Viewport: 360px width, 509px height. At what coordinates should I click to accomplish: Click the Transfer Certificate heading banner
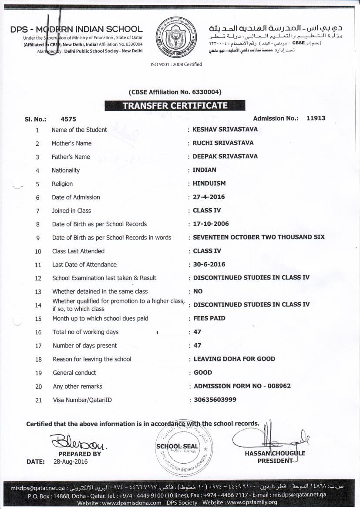pyautogui.click(x=175, y=105)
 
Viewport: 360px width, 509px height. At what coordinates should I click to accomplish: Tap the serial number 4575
pyautogui.click(x=69, y=118)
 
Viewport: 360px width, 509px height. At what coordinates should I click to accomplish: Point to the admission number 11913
pyautogui.click(x=316, y=118)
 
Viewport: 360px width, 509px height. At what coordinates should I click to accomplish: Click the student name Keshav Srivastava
pyautogui.click(x=225, y=129)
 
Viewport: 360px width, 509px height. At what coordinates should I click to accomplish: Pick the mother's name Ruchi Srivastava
pyautogui.click(x=223, y=143)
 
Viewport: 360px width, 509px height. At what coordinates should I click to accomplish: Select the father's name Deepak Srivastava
pyautogui.click(x=225, y=156)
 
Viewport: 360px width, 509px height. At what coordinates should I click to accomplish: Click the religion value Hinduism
pyautogui.click(x=209, y=183)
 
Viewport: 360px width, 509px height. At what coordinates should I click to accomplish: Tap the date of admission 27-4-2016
pyautogui.click(x=209, y=197)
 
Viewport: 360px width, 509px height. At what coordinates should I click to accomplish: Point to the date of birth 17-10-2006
pyautogui.click(x=211, y=224)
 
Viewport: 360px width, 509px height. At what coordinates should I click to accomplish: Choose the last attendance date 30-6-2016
pyautogui.click(x=209, y=264)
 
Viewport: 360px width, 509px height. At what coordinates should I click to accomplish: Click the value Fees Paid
pyautogui.click(x=209, y=318)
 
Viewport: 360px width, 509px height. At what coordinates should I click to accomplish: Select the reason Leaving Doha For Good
pyautogui.click(x=234, y=359)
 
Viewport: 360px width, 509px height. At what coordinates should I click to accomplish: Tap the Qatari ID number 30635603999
pyautogui.click(x=215, y=399)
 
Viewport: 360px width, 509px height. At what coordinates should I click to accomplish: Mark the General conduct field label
pyautogui.click(x=74, y=373)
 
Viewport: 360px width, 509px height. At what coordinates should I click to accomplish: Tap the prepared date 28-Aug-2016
pyautogui.click(x=71, y=462)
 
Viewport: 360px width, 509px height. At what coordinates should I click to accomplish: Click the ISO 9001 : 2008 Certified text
pyautogui.click(x=176, y=64)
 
